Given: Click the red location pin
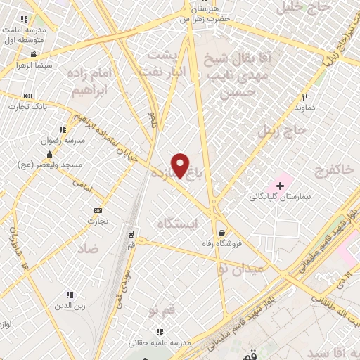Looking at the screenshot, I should [181, 165].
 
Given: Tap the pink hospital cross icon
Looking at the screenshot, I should [280, 186].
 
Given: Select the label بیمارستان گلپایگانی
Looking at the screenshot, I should [279, 197].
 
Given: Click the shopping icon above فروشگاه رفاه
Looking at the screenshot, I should [222, 233].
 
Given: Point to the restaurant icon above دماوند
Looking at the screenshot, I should [304, 98].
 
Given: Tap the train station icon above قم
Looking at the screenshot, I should [131, 235].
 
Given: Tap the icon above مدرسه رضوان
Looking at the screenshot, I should [63, 129].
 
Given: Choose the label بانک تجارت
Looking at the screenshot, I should [27, 106].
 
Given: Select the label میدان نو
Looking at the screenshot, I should [240, 269].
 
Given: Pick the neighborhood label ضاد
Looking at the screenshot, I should [88, 248].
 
